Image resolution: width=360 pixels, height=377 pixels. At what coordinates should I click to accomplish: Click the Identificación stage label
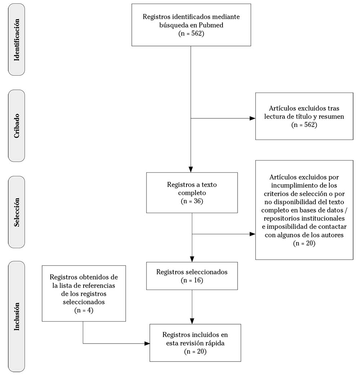point(16,40)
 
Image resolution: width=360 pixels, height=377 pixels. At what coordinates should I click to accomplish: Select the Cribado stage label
point(16,126)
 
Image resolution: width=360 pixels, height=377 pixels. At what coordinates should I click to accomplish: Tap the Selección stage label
point(16,212)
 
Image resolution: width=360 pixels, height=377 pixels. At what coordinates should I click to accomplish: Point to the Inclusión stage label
point(16,317)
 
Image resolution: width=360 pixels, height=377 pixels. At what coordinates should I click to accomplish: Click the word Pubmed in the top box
point(211,25)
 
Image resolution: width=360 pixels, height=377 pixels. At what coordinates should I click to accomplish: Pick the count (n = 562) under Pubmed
point(191,33)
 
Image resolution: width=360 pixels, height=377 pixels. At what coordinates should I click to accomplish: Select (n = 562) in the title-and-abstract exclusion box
point(304,125)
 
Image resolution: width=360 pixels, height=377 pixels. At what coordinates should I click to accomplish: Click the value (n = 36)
point(192,201)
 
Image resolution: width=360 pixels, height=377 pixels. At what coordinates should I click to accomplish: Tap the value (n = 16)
point(192,280)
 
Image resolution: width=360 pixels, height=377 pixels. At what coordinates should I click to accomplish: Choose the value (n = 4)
point(84,310)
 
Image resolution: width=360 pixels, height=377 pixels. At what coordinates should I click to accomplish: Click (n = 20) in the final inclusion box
point(195,351)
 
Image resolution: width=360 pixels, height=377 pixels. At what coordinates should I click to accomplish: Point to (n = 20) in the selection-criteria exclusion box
point(304,243)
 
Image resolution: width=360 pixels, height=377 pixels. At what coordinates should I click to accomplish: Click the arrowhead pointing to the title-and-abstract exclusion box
point(252,118)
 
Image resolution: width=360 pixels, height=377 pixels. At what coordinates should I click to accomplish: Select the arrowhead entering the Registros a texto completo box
point(191,169)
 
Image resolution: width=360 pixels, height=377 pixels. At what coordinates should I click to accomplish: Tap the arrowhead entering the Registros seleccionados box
point(192,259)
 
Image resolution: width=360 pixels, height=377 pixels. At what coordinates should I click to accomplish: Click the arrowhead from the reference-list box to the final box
point(147,344)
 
